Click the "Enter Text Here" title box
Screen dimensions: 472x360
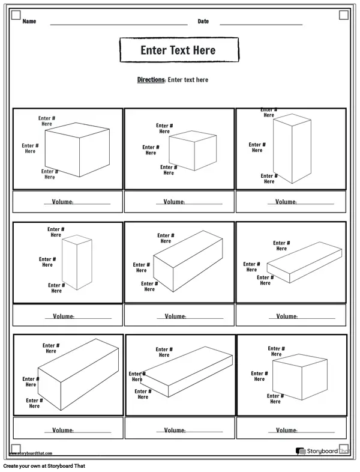(x=179, y=50)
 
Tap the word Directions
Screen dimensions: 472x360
(x=151, y=80)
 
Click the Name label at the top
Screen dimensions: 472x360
(x=29, y=22)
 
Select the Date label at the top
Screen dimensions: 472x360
(x=203, y=22)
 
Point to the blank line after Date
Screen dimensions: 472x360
(x=261, y=24)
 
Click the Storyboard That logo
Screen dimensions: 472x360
(x=321, y=451)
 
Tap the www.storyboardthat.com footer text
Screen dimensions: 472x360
(x=31, y=453)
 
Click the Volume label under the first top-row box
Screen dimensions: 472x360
(x=62, y=202)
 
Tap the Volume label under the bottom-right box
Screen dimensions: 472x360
(x=286, y=430)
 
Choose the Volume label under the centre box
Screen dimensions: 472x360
(x=175, y=316)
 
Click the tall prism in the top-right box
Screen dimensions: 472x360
(x=292, y=150)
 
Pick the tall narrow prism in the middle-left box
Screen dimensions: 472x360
(x=78, y=262)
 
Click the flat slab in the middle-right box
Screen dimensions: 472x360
(x=303, y=261)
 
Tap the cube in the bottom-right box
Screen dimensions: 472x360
(x=299, y=378)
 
